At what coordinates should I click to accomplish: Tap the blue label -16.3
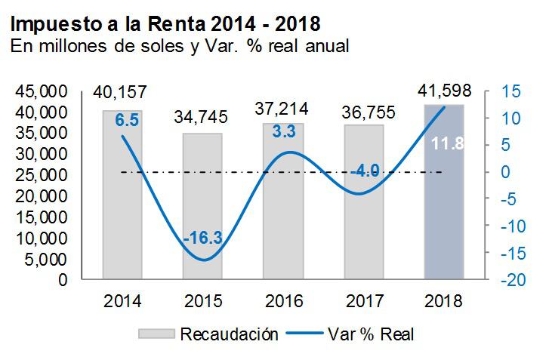pos(202,238)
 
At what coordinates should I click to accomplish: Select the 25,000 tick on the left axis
pos(42,175)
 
